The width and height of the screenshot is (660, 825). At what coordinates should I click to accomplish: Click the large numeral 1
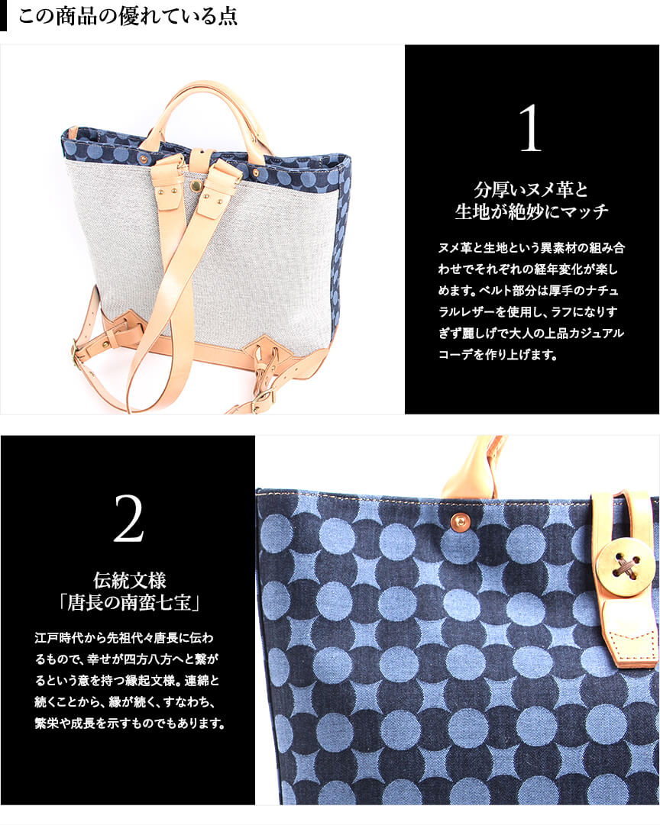[x=531, y=128]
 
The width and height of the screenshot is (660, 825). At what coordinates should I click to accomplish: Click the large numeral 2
[x=128, y=518]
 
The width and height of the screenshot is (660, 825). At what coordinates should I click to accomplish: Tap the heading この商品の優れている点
[x=128, y=16]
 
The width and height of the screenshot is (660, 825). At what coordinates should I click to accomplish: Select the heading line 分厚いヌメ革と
[x=531, y=189]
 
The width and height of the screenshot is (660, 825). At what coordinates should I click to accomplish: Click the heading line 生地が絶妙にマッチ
[x=531, y=211]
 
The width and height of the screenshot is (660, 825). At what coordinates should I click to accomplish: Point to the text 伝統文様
[x=130, y=580]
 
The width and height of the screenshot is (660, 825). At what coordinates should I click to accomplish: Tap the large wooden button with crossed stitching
[x=625, y=562]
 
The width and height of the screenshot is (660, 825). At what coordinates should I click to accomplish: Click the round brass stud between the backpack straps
[x=196, y=185]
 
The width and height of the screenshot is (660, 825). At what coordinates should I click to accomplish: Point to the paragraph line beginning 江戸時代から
[x=125, y=638]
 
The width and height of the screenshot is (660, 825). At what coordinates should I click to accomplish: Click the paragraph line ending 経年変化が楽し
[x=528, y=269]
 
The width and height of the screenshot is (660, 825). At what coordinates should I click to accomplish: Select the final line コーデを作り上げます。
[x=498, y=355]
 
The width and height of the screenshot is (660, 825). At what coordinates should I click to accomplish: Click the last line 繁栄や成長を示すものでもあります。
[x=130, y=723]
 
